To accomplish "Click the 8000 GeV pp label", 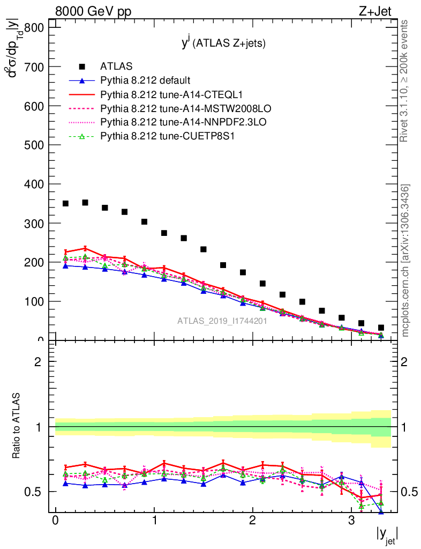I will pos(93,12).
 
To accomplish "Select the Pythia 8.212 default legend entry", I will pos(145,80).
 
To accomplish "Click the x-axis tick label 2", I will pos(253,521).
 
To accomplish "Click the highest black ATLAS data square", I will pos(85,203).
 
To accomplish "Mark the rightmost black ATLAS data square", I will pos(381,328).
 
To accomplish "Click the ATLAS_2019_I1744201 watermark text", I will pos(222,321).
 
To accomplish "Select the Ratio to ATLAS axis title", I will pos(17,427).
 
